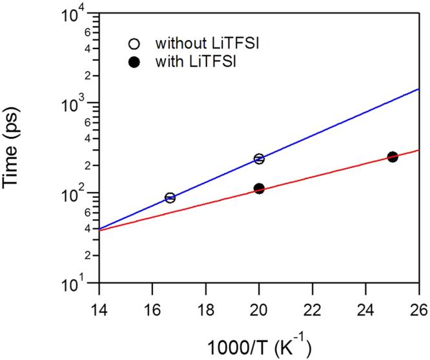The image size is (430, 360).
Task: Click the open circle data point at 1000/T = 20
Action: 259,159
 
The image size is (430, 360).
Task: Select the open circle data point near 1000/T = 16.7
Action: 170,198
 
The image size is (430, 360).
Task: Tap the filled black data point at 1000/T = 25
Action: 392,157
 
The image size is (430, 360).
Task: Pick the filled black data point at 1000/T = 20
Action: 259,189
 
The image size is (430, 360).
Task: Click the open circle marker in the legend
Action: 134,45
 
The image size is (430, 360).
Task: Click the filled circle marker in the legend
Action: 134,63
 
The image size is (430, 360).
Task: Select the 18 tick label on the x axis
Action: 205,308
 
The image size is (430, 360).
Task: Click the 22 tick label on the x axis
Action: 312,308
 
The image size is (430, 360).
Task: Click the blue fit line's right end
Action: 418,90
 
